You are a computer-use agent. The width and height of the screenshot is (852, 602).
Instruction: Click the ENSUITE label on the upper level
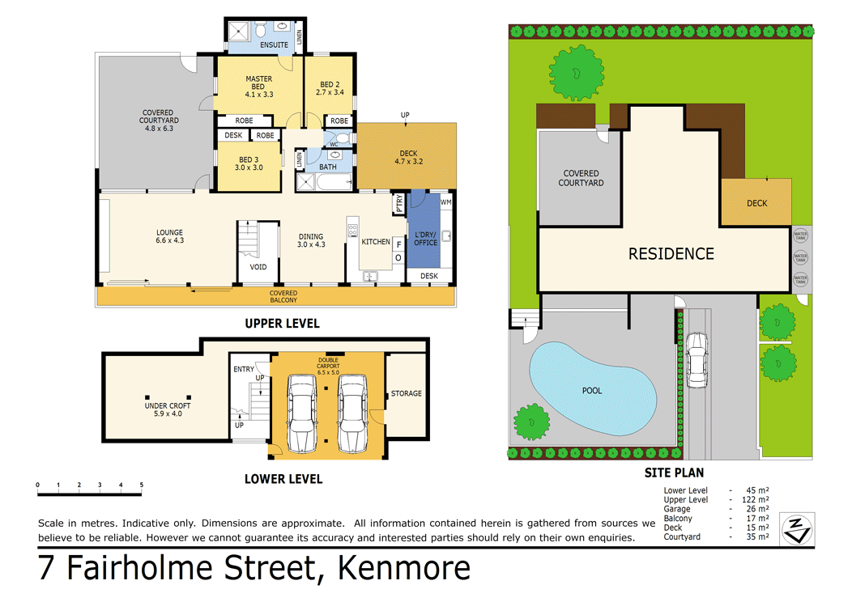pyautogui.click(x=275, y=45)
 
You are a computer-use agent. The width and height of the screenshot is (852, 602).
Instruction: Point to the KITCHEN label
pyautogui.click(x=375, y=241)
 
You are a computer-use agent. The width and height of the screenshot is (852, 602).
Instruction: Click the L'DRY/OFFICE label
pyautogui.click(x=425, y=238)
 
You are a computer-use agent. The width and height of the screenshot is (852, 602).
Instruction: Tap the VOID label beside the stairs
pyautogui.click(x=258, y=266)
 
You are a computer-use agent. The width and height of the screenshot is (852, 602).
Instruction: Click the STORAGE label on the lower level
pyautogui.click(x=406, y=393)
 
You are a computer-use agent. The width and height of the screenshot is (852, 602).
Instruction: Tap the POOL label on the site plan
pyautogui.click(x=592, y=390)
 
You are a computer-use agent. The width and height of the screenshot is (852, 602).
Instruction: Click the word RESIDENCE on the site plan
pyautogui.click(x=671, y=254)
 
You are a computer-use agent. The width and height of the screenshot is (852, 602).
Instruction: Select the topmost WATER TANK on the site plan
pyautogui.click(x=800, y=235)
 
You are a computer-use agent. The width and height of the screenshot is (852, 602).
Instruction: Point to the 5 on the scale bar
pyautogui.click(x=141, y=485)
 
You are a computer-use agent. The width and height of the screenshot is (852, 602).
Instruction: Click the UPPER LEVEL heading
pyautogui.click(x=282, y=324)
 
